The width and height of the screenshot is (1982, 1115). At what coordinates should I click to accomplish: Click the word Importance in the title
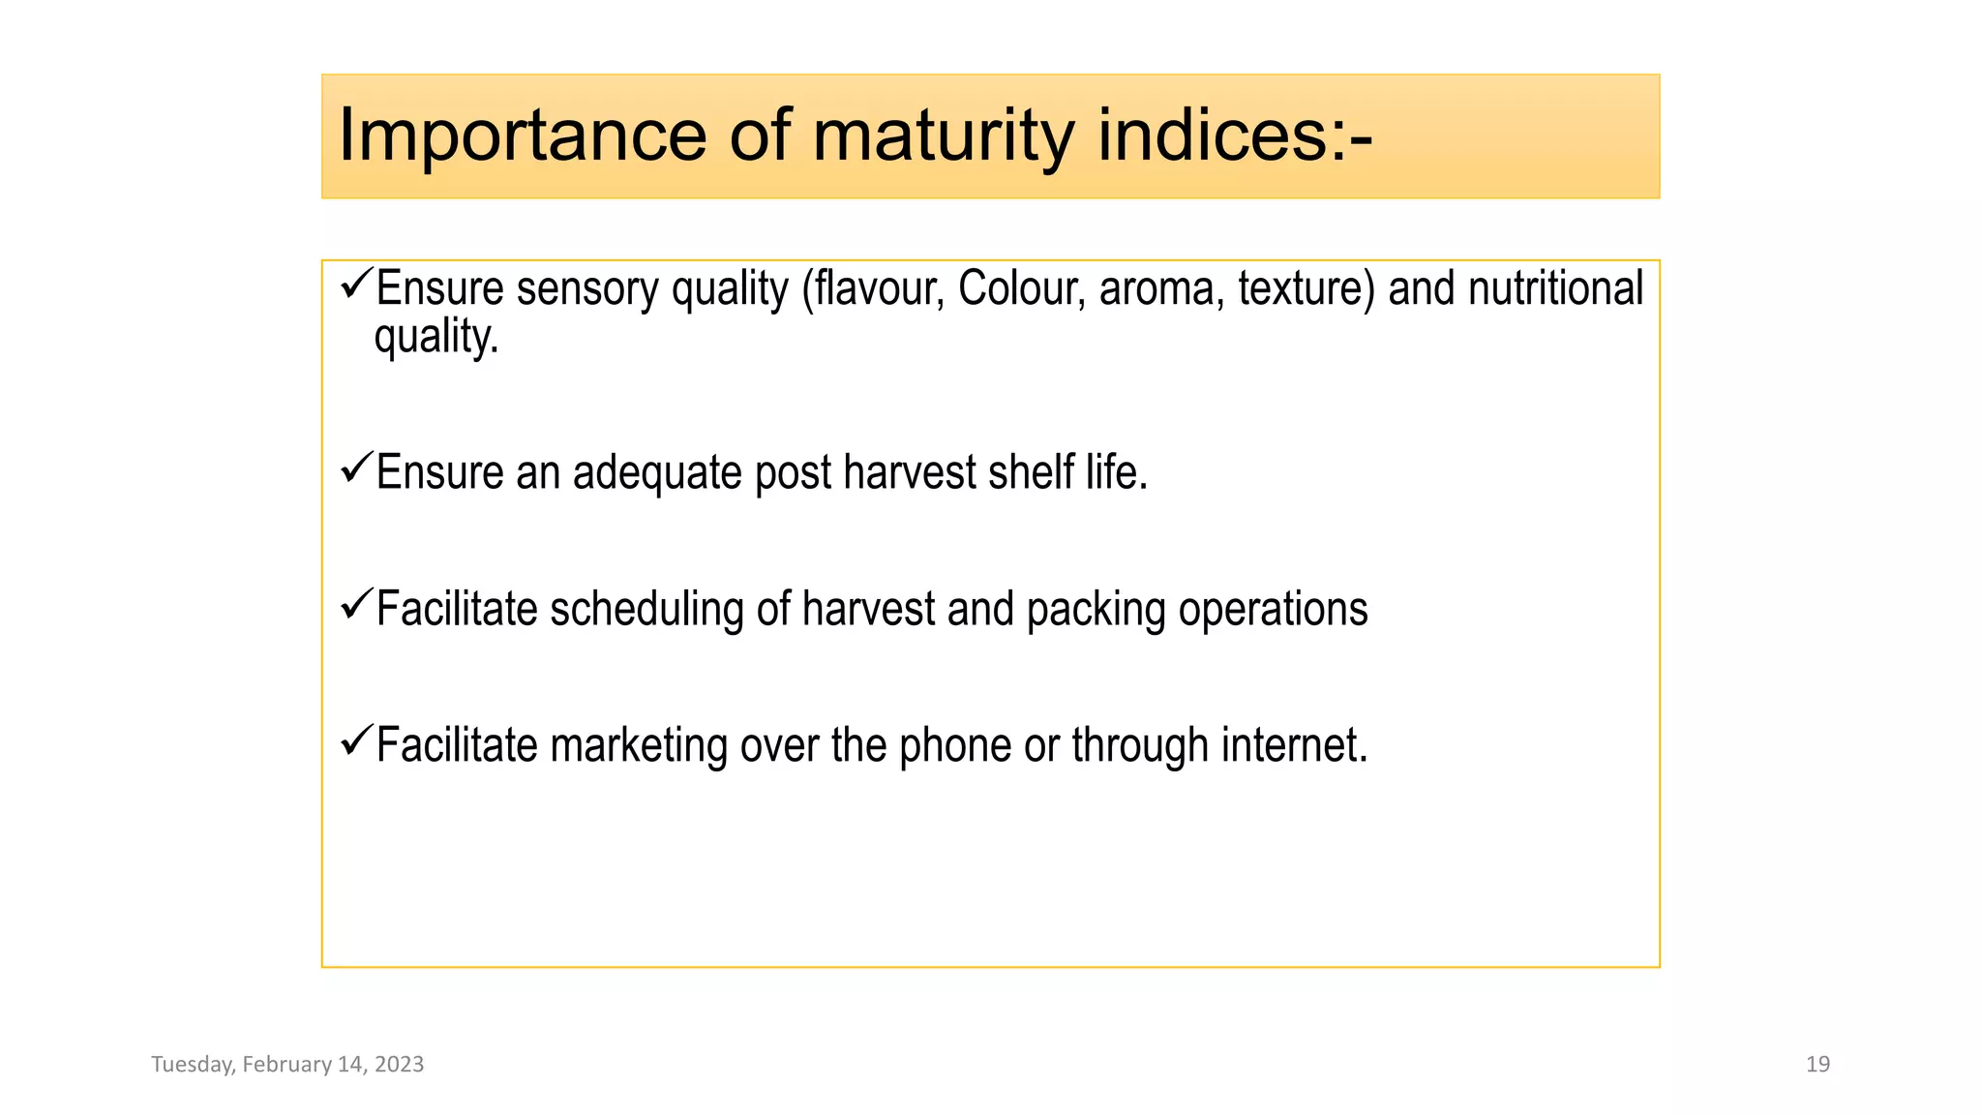(522, 136)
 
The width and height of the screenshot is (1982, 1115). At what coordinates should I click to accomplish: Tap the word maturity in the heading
(943, 136)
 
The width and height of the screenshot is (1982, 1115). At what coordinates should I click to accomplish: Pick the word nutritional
(1555, 288)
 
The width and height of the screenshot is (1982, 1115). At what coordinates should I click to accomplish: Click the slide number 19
(1817, 1065)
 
